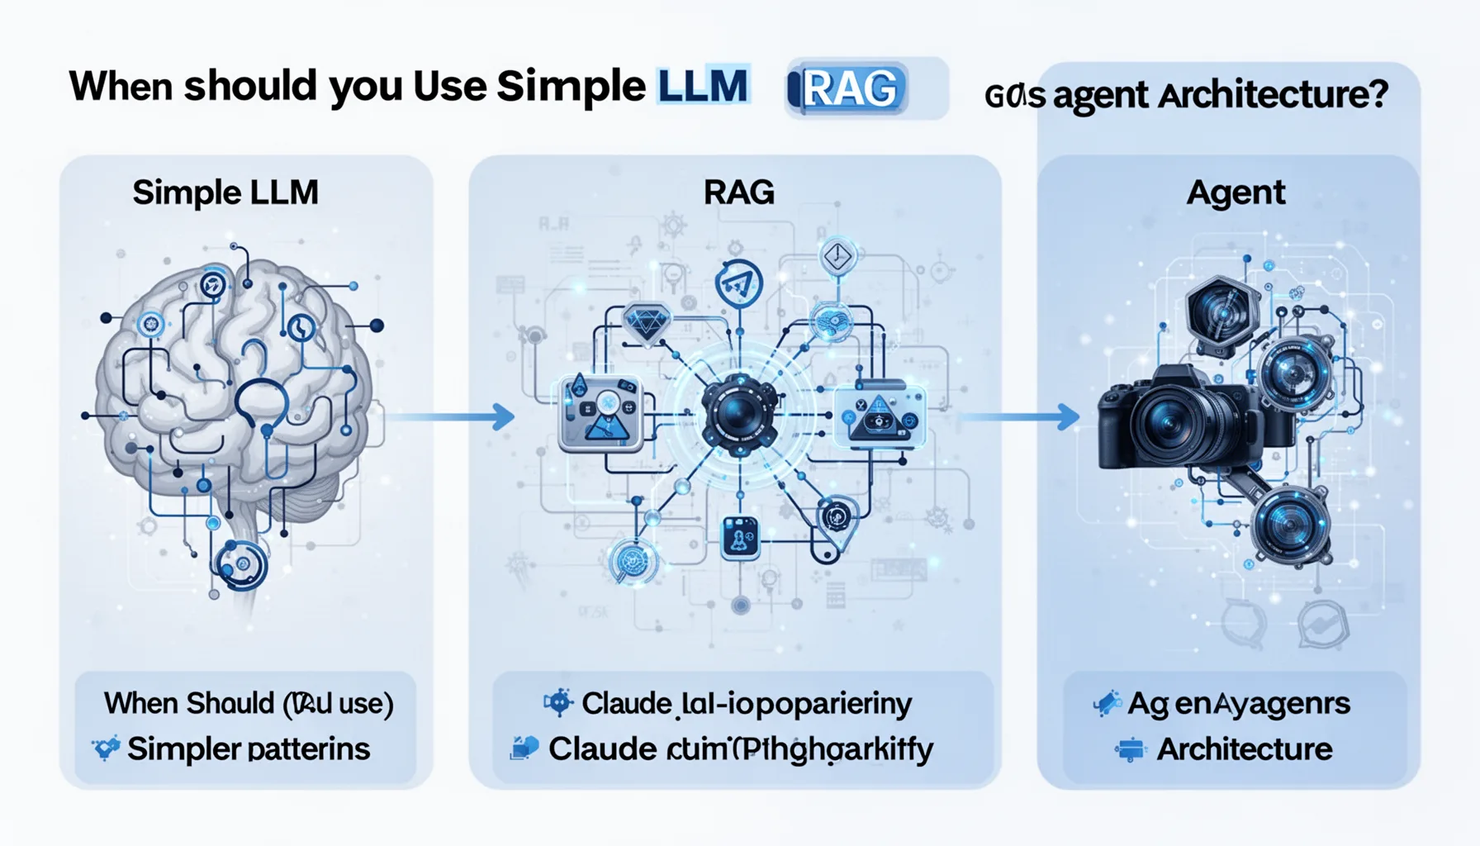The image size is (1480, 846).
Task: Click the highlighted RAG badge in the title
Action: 849,88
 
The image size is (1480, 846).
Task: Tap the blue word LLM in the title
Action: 703,85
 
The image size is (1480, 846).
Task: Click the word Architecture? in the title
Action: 1273,95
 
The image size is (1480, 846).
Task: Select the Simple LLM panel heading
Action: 225,192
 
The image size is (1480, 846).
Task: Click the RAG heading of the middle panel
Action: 738,192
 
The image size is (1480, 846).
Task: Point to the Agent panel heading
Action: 1236,192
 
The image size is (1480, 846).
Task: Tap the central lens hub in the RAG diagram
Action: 738,414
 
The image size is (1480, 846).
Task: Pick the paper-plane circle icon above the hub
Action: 738,283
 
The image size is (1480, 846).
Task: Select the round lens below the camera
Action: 1289,525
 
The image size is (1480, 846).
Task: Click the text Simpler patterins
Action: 248,749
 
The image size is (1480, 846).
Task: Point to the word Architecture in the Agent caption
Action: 1244,749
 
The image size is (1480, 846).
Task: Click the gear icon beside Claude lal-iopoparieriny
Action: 558,703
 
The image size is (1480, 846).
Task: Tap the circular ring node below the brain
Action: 240,564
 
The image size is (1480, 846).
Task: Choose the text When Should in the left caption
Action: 188,703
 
